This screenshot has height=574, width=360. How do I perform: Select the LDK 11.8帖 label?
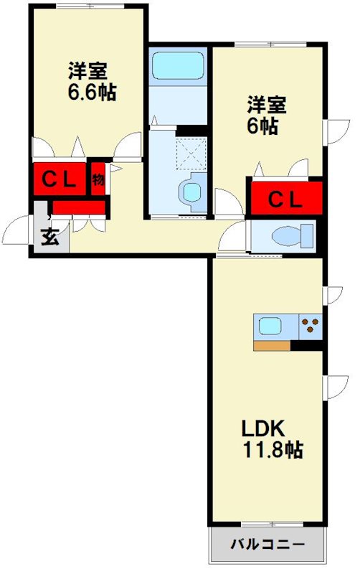[270, 438]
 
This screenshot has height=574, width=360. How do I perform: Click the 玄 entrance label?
[49, 236]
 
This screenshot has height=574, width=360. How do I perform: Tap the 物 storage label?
[98, 179]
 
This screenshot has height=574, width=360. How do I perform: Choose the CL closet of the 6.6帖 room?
[58, 179]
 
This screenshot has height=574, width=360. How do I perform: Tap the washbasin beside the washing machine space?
[191, 192]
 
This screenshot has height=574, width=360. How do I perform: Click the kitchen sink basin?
[271, 326]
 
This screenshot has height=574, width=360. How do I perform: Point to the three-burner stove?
[311, 326]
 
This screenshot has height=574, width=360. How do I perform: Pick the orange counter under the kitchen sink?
[272, 346]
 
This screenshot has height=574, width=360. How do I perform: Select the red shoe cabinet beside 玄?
[78, 208]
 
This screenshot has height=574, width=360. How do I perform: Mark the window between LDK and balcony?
[266, 524]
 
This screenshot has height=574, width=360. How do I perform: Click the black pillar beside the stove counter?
[307, 346]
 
